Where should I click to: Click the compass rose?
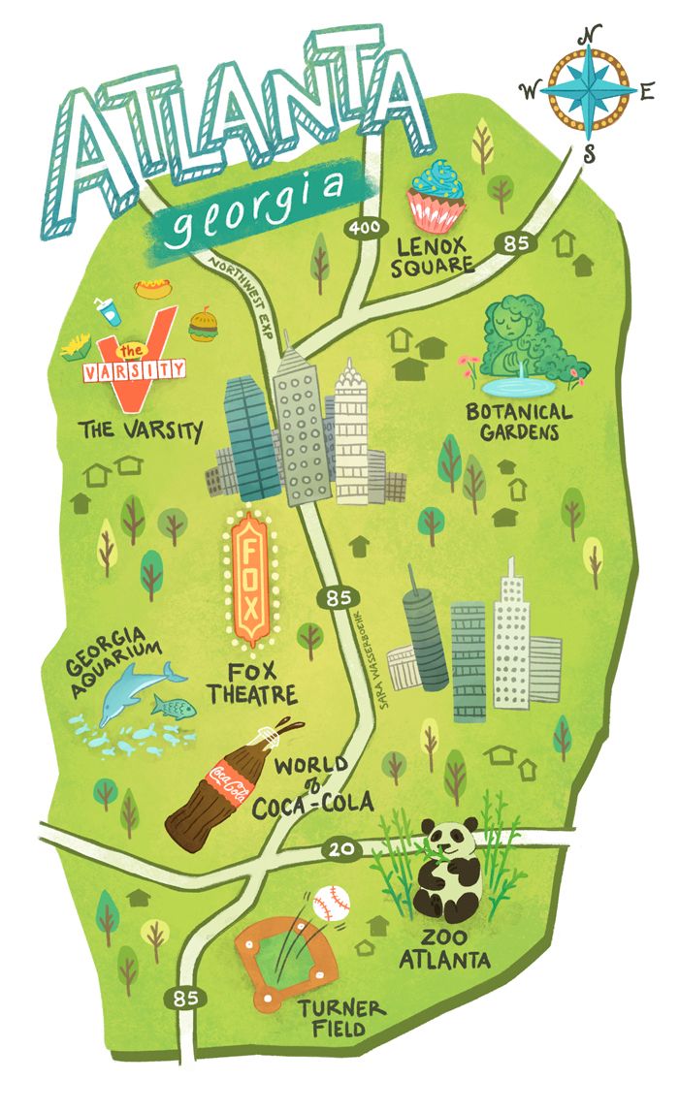tap(587, 90)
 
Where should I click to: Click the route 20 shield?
tap(349, 850)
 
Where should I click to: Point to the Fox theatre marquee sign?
tap(251, 582)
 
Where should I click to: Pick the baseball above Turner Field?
tap(333, 905)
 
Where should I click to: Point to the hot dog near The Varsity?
tap(149, 287)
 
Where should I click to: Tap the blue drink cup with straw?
tap(108, 311)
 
